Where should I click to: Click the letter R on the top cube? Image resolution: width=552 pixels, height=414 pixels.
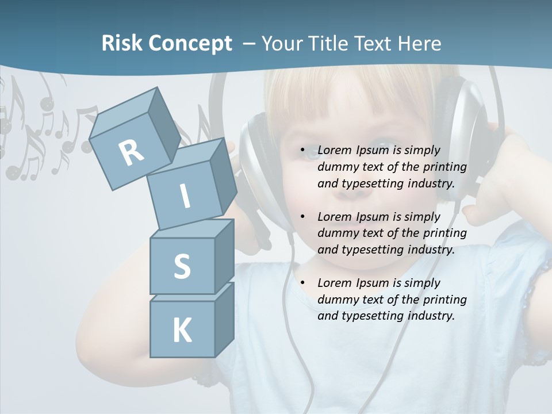click(132, 152)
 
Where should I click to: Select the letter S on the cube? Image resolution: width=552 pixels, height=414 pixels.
click(182, 267)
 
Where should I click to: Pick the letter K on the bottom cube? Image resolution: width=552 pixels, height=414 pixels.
click(182, 331)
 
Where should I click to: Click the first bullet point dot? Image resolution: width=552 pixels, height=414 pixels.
click(302, 151)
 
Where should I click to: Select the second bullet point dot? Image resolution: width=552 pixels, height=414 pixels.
click(302, 217)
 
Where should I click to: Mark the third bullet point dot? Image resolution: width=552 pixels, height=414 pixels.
click(302, 283)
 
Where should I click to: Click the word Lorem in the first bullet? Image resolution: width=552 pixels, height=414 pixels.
click(334, 150)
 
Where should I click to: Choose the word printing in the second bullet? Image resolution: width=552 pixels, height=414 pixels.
click(446, 233)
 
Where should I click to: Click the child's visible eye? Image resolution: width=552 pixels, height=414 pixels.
click(312, 153)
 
